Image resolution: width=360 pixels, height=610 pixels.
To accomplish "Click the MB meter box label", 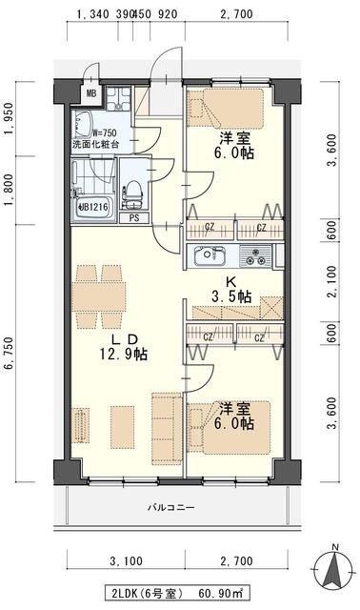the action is [x=91, y=93].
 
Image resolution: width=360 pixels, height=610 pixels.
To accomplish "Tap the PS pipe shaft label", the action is [x=133, y=218].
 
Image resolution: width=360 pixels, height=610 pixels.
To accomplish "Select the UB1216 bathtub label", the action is [x=93, y=207].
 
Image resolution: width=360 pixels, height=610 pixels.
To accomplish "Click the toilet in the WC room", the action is [x=132, y=193].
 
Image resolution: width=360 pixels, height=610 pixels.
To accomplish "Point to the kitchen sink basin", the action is [x=210, y=255].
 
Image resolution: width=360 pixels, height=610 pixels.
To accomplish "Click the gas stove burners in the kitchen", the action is [x=255, y=256].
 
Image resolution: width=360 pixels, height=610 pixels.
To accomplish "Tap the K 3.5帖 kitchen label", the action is [x=231, y=290].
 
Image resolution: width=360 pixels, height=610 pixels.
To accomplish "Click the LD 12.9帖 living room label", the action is [x=124, y=347].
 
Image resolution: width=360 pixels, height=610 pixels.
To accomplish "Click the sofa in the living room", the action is [x=167, y=428].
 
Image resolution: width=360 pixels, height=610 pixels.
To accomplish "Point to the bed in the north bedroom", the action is [x=226, y=108].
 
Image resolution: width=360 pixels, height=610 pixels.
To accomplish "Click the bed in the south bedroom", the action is [x=229, y=428].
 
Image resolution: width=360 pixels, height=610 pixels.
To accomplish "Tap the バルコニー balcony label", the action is [x=171, y=507].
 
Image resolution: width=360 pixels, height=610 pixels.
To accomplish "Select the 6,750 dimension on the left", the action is [x=10, y=354].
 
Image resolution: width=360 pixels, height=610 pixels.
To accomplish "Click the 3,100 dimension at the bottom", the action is [x=126, y=561].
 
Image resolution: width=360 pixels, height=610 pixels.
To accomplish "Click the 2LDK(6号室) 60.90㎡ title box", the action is [x=177, y=594].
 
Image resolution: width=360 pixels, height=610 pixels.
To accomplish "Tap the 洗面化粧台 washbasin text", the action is [x=95, y=144].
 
